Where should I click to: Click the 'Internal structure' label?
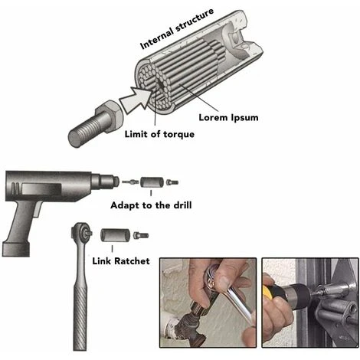point(177,28)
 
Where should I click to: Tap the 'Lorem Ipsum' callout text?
point(228,118)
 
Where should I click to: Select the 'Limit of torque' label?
point(159,134)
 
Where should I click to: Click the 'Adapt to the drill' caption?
point(151,205)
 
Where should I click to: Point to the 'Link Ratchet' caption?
point(121,261)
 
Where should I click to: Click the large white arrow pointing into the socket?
point(136,99)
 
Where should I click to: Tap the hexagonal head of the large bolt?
point(110,116)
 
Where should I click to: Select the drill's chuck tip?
point(116,182)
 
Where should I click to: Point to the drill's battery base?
point(16,249)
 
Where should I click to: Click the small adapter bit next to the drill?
point(130,182)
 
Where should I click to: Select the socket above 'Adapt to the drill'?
point(151,182)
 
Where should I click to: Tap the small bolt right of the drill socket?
point(172,182)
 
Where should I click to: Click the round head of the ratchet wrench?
point(81,232)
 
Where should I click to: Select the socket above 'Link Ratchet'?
point(116,235)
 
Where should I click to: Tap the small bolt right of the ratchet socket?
point(141,235)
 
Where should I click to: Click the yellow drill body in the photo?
point(270,292)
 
